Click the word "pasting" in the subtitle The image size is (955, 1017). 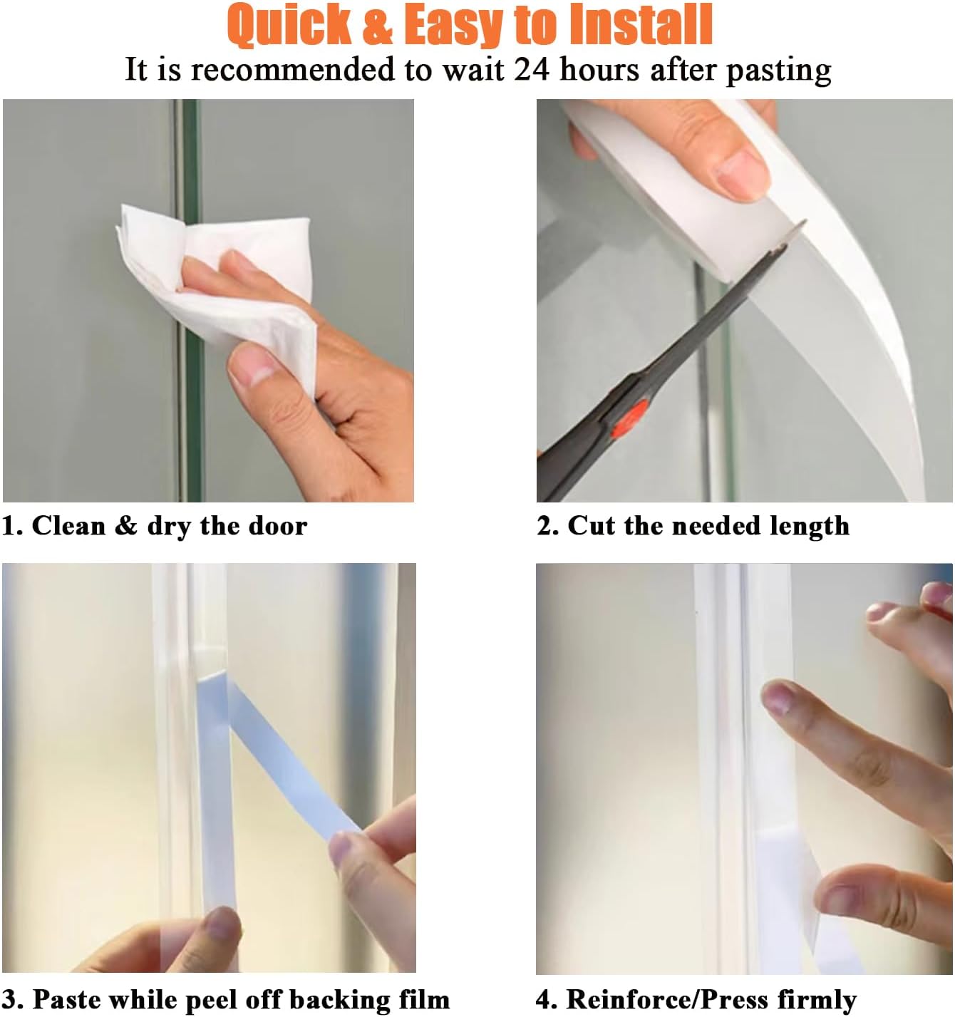pos(778,71)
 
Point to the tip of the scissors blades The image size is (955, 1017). pos(802,227)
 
